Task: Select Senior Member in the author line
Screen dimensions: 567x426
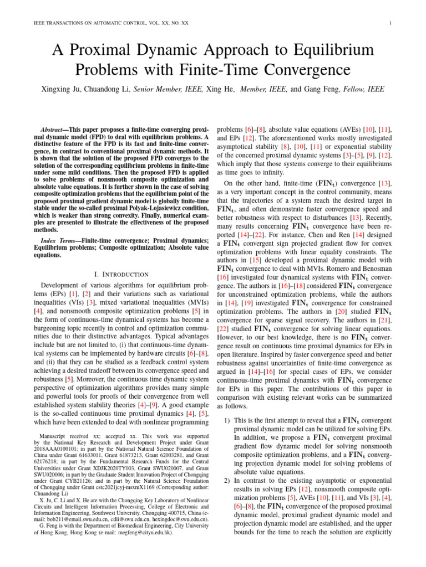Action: click(x=156, y=89)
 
